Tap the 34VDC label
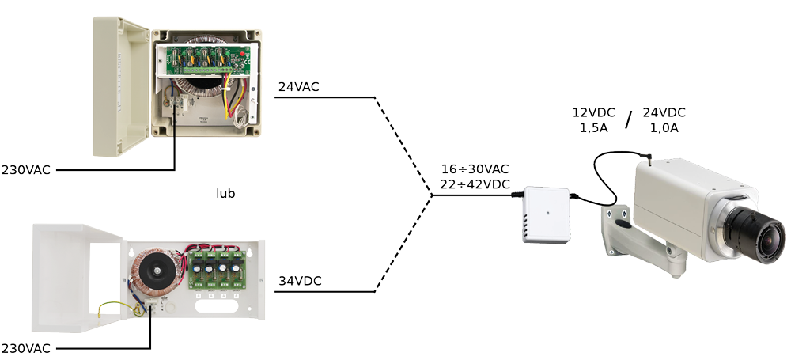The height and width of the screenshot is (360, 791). tap(299, 281)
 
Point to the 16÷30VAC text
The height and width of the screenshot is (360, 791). tap(475, 170)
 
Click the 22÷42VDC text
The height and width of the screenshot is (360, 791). tap(475, 185)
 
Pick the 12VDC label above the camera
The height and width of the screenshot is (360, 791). tap(593, 112)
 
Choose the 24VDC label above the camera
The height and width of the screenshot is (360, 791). tap(664, 112)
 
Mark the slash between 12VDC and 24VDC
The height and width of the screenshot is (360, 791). tap(629, 119)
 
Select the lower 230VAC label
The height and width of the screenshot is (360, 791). tap(25, 348)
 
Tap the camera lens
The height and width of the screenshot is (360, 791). tap(755, 233)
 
